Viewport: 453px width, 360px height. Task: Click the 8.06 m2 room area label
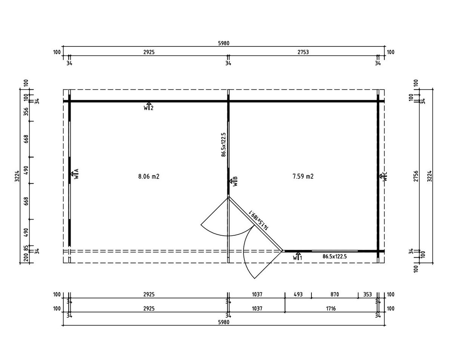[149, 176]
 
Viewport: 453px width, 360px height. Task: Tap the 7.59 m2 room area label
[303, 176]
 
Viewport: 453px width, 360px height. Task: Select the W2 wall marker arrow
[149, 106]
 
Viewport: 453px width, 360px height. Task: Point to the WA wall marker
[75, 174]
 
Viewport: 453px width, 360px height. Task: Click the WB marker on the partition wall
[233, 181]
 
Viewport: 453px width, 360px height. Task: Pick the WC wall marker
[383, 176]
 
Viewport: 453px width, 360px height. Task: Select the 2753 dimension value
[303, 52]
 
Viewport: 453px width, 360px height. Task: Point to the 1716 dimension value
[331, 309]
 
